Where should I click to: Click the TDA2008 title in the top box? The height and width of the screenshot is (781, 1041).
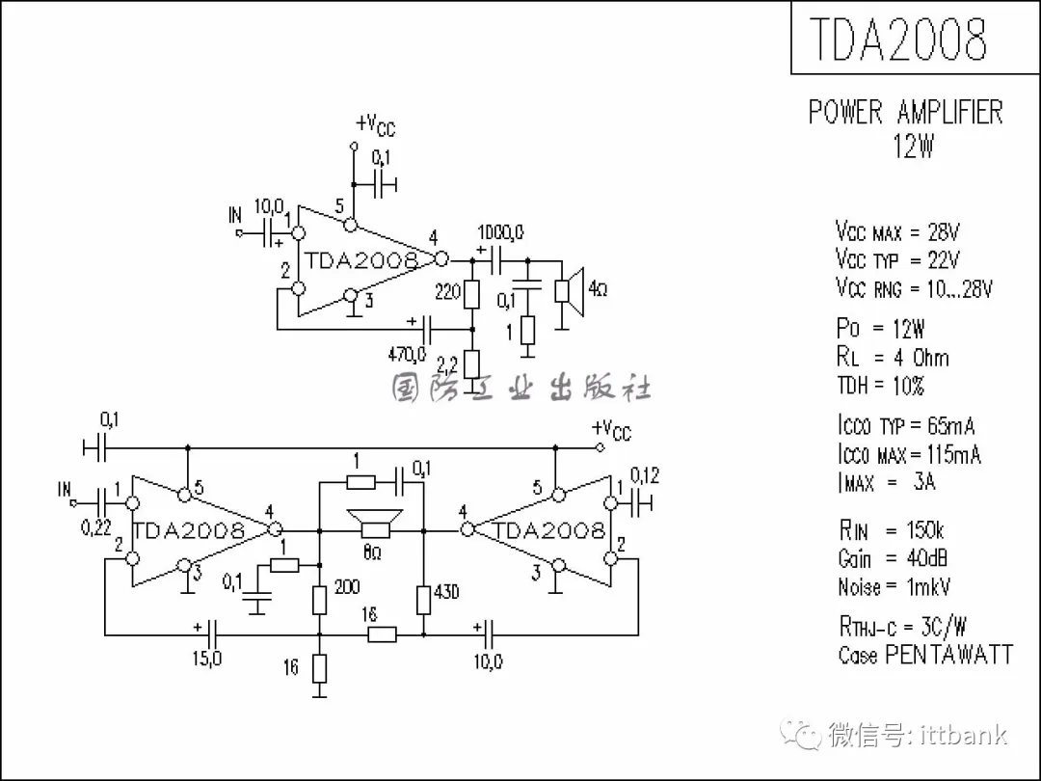897,39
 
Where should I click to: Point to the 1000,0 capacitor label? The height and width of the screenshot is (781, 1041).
501,231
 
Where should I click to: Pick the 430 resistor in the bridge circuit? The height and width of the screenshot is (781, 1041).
423,599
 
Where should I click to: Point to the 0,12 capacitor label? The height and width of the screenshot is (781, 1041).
645,475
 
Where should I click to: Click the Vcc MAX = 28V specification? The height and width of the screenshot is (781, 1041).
897,232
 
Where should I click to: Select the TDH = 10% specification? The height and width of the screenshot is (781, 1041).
880,386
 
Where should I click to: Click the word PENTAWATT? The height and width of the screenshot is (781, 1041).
948,656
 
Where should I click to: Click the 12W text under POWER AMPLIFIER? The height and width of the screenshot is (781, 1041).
913,148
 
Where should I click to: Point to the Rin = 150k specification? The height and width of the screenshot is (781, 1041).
891,529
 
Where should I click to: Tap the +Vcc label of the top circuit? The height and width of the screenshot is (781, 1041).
375,125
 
